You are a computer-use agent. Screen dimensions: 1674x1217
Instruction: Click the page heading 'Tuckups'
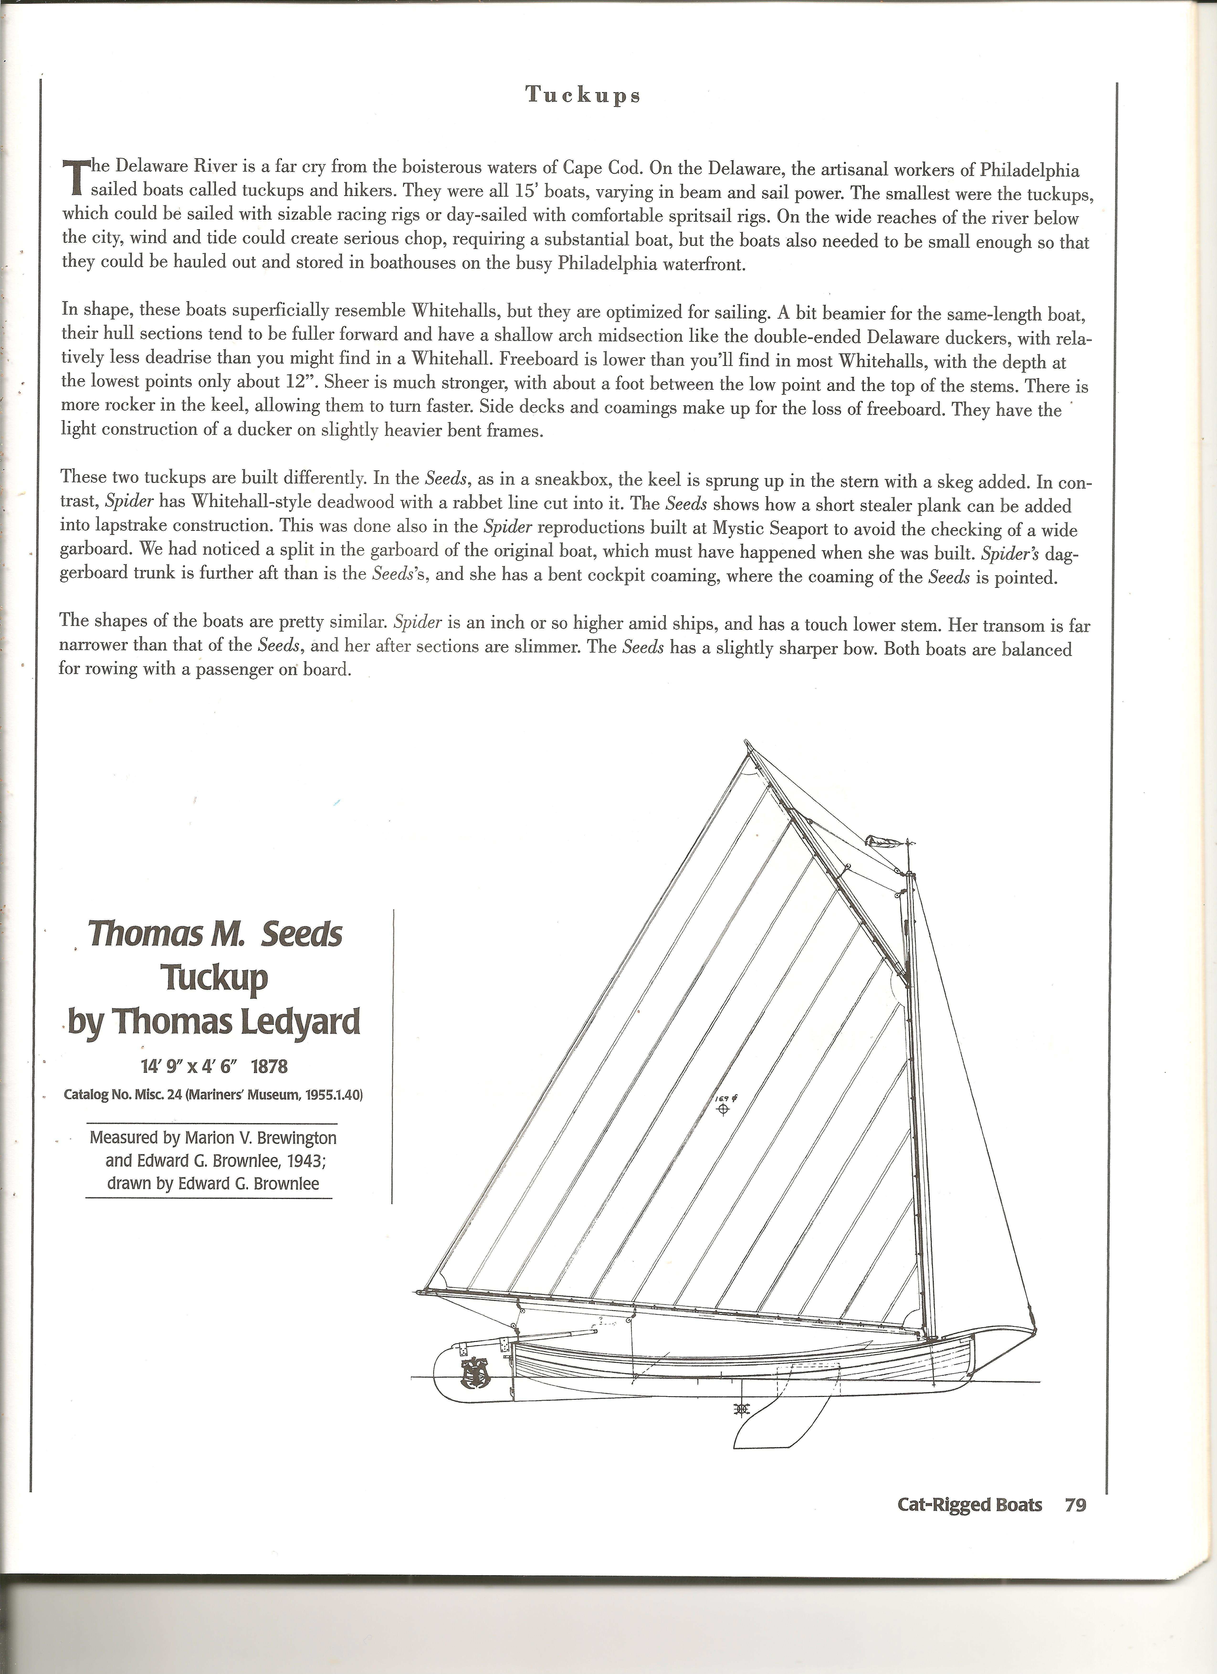[582, 95]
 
